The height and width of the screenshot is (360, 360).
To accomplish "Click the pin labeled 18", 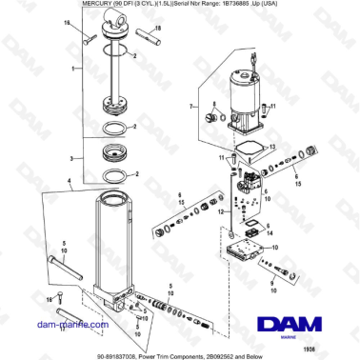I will (87, 39).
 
